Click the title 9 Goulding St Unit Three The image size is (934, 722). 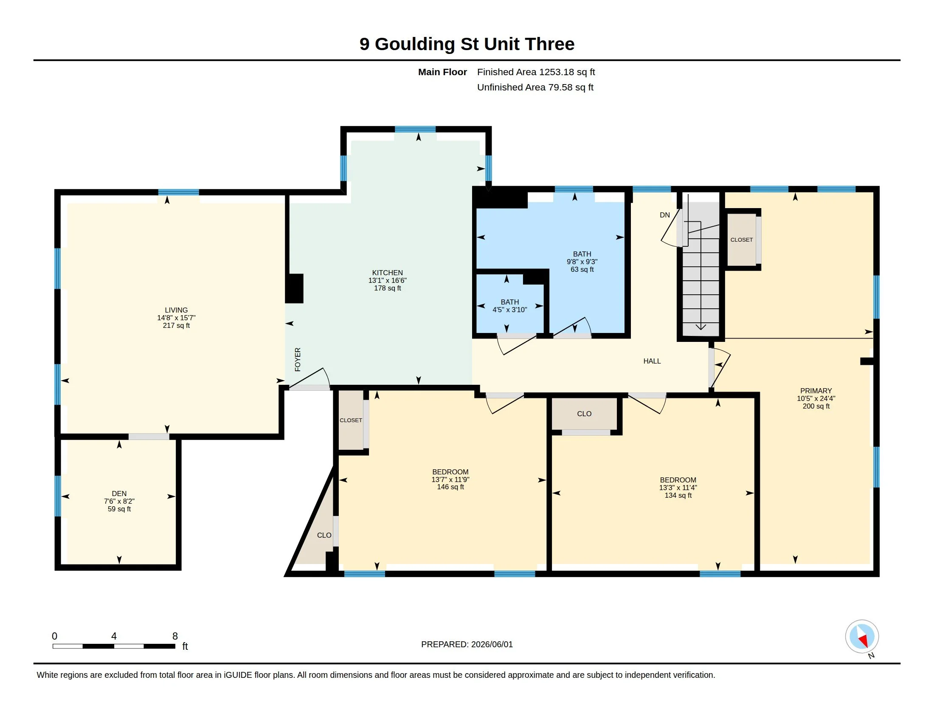tap(467, 44)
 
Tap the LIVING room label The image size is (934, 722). tap(176, 318)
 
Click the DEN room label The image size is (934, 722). tap(119, 501)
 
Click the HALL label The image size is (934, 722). tap(652, 361)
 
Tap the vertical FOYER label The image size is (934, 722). tap(298, 359)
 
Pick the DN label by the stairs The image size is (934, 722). tap(664, 215)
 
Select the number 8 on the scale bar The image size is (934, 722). tap(175, 636)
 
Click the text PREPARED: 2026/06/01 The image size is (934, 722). tap(467, 644)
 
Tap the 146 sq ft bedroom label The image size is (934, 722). tap(450, 479)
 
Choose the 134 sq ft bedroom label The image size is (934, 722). tap(678, 487)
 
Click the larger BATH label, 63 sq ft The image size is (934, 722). tap(582, 261)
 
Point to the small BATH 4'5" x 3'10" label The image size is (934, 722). tap(510, 306)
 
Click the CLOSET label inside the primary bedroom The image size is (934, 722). tap(742, 240)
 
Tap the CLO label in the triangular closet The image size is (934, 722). tap(324, 535)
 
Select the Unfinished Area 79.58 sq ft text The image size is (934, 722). tap(535, 87)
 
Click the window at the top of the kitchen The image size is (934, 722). tap(415, 129)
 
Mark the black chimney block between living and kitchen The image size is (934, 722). tap(295, 288)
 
